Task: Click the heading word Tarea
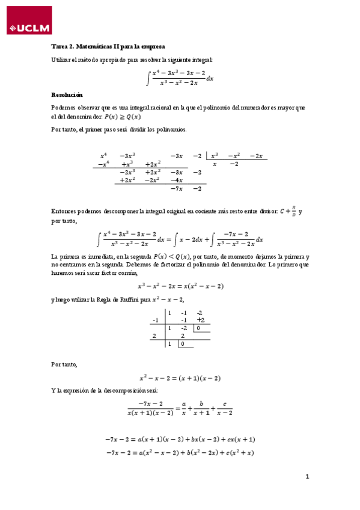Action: tap(61, 46)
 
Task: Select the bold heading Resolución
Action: tap(67, 95)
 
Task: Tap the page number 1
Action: tap(307, 477)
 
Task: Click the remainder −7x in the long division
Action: tap(176, 189)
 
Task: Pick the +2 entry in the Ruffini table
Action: tap(200, 321)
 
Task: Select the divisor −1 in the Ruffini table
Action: tap(155, 321)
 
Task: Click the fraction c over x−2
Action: tap(224, 408)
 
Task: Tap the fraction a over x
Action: tap(185, 408)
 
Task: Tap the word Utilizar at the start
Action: tap(62, 59)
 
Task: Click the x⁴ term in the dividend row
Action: tap(103, 156)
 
